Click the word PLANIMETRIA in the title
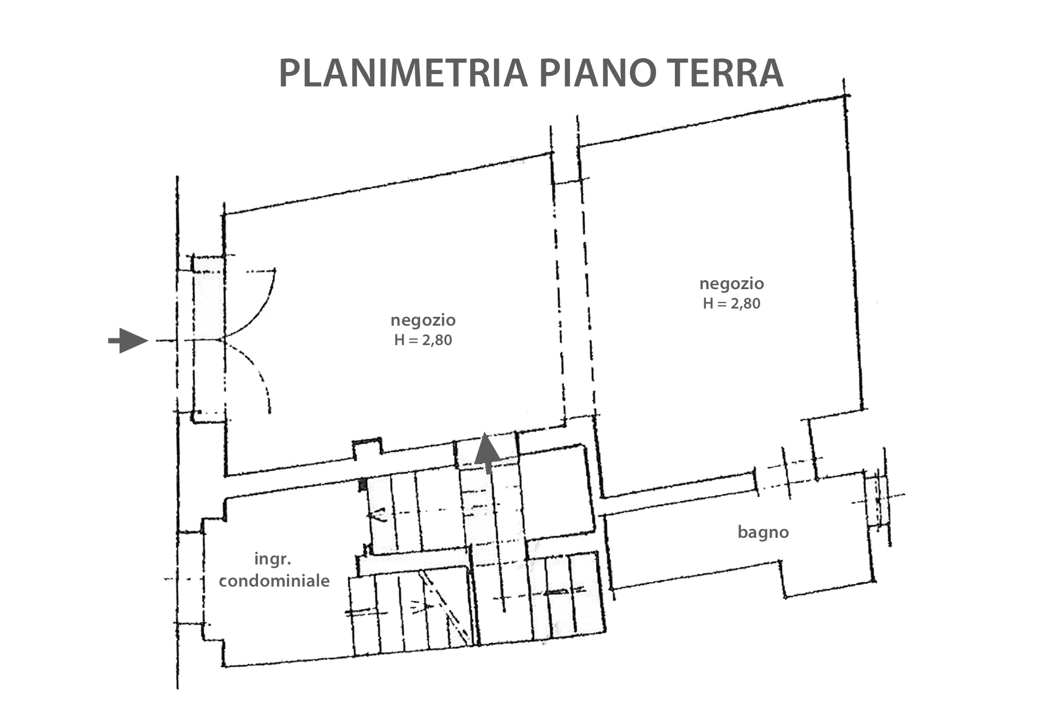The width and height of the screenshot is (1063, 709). (x=403, y=73)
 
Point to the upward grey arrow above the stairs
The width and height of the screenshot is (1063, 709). (x=488, y=452)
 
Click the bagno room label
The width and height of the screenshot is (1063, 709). (x=763, y=532)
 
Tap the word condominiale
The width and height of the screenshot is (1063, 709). (x=274, y=580)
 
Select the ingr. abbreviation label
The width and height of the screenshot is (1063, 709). (x=272, y=559)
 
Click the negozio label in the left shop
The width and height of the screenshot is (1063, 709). (x=423, y=320)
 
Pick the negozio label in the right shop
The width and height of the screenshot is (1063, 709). (x=731, y=284)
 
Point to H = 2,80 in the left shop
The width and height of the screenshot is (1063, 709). (x=423, y=340)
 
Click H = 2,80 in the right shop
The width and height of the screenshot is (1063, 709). (x=731, y=304)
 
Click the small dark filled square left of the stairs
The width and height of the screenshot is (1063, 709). (x=363, y=485)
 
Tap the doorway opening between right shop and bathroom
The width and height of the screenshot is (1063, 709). (x=785, y=480)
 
